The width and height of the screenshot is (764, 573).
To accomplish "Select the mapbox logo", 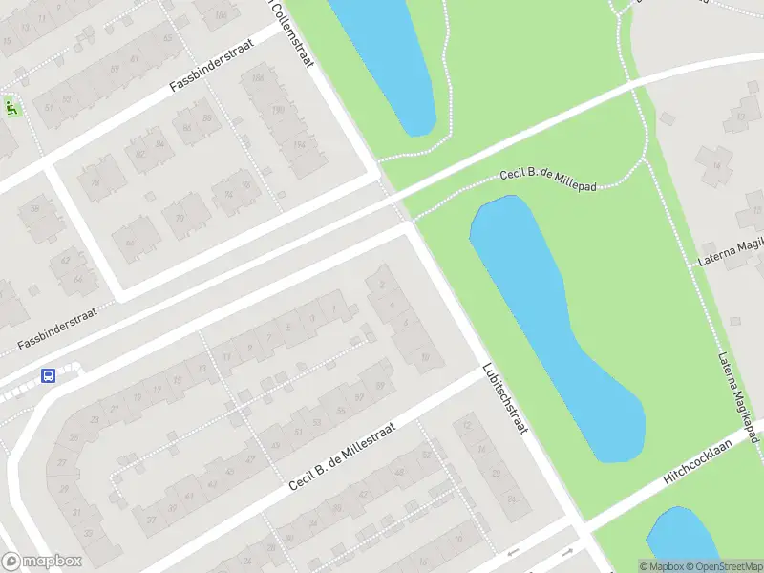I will pos(41,562).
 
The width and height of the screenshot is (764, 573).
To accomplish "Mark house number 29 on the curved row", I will pos(63,487).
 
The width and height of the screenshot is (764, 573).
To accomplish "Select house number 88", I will pos(206,117).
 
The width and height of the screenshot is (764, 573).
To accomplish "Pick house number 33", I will pos(90,533).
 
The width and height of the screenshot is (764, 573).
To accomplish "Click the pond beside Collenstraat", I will pos(387,57).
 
